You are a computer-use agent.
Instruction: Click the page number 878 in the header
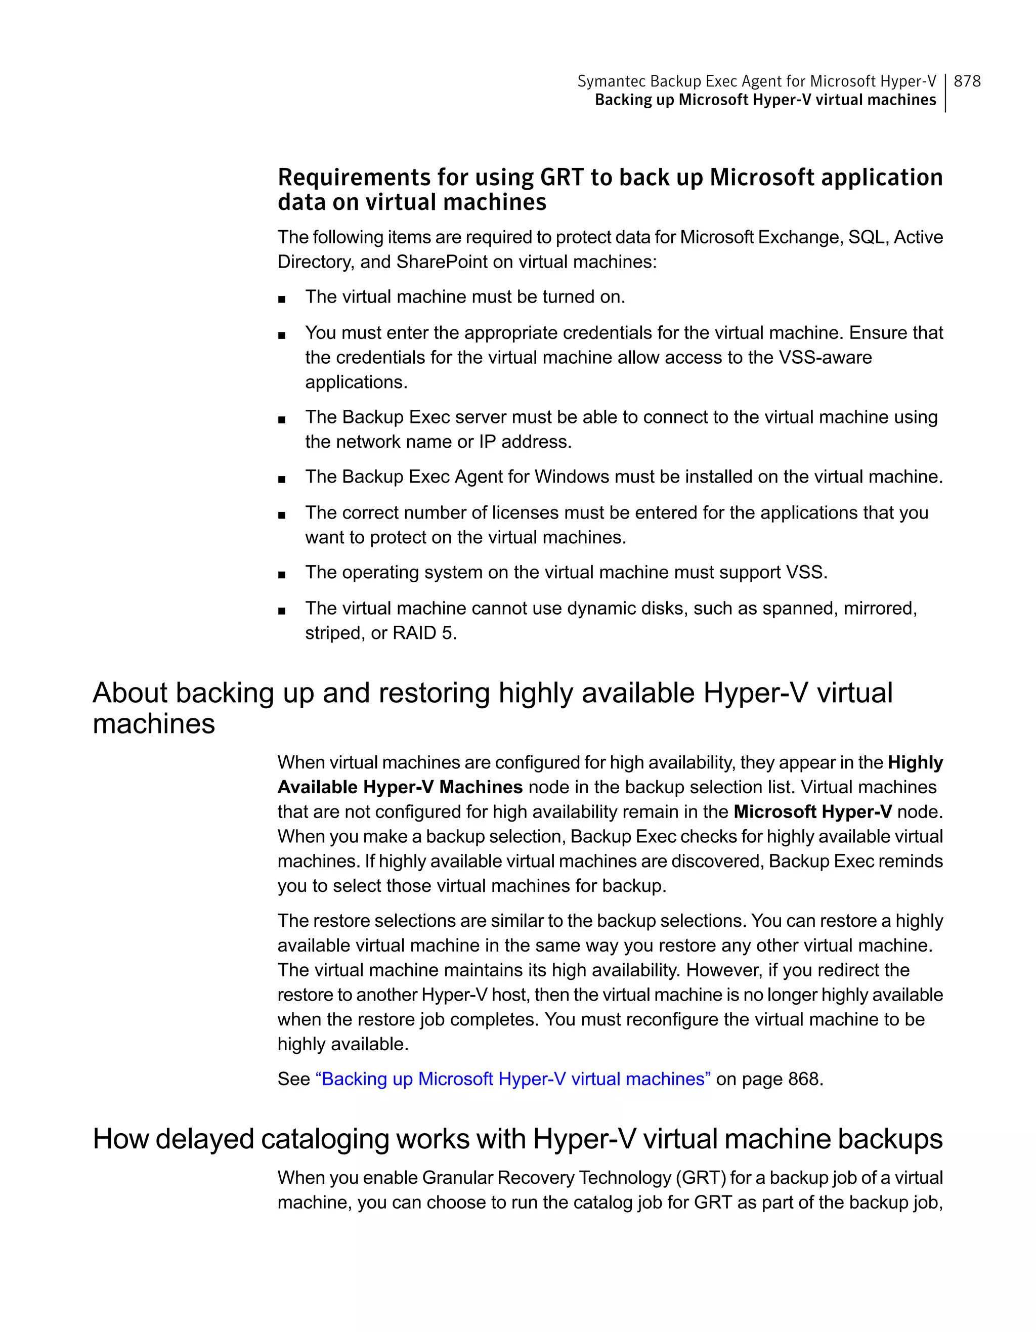967,81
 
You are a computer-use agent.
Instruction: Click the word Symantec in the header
611,81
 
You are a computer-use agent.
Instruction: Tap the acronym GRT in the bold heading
562,178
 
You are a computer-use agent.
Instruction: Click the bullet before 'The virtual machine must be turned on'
281,299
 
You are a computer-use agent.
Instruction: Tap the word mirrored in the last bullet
879,608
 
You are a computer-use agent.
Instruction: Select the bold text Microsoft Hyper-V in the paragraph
812,812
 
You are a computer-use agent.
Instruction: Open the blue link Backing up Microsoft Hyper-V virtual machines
512,1079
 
